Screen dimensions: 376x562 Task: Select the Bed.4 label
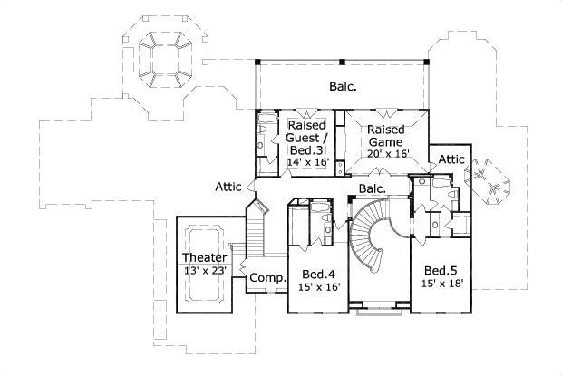(x=318, y=275)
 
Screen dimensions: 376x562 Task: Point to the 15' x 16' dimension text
(x=318, y=288)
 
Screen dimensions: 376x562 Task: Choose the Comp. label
(x=268, y=277)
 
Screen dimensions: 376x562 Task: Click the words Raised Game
(x=386, y=136)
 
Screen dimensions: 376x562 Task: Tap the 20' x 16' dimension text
(x=387, y=154)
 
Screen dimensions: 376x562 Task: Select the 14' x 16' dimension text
(x=305, y=162)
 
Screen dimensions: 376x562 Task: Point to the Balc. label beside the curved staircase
(x=372, y=188)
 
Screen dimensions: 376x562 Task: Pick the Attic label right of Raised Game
(x=451, y=159)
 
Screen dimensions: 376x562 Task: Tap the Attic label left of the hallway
(x=228, y=188)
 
